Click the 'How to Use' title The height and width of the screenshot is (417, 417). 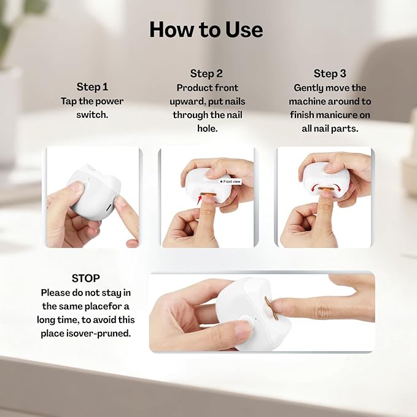[x=206, y=29]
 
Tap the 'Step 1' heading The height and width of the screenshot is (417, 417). [x=92, y=87]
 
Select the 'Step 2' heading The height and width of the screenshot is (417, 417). [x=206, y=74]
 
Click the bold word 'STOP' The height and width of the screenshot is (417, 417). [x=85, y=278]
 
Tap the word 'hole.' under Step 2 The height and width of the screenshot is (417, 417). [x=206, y=129]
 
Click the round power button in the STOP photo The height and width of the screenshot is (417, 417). [x=245, y=322]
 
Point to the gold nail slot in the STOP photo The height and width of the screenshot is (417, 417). [x=269, y=307]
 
